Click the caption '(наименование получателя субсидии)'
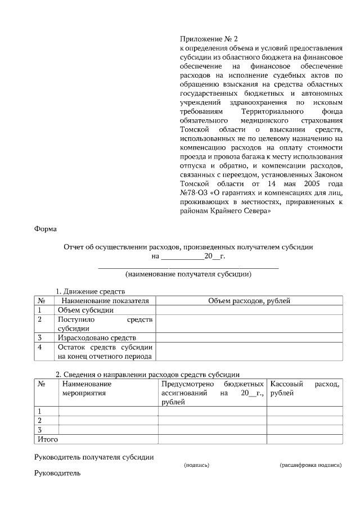[188, 274]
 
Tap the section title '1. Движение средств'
[89, 291]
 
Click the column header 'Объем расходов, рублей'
[249, 301]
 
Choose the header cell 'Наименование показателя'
[105, 301]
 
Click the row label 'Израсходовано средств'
[96, 338]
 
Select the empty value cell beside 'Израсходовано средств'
[249, 338]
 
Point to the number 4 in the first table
[40, 348]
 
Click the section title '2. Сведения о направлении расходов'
[147, 375]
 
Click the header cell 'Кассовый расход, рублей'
[304, 389]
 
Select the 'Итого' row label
[47, 439]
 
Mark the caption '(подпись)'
[197, 466]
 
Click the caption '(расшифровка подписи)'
[310, 466]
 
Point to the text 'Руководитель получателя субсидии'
[94, 457]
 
